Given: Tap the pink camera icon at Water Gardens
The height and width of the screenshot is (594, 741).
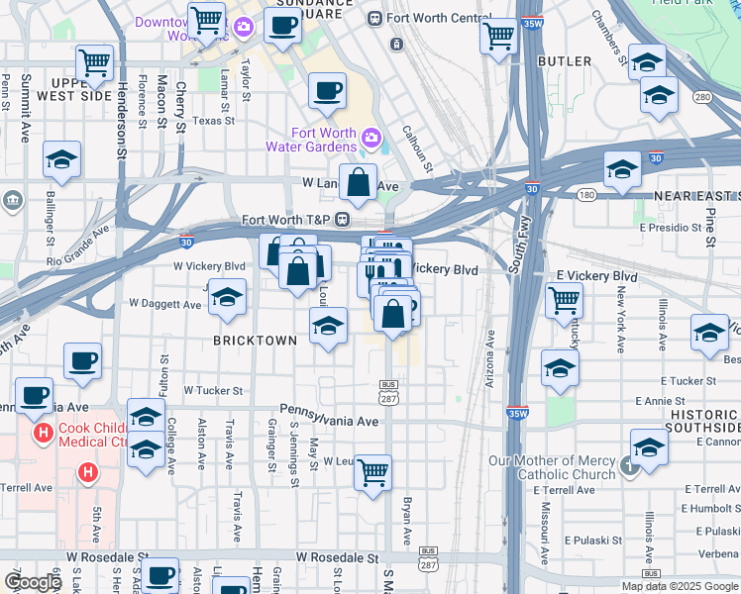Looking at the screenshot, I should tap(371, 137).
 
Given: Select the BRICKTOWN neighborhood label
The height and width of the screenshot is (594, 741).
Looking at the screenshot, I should tap(256, 341).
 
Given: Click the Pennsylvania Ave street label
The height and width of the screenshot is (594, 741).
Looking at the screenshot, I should tap(329, 421).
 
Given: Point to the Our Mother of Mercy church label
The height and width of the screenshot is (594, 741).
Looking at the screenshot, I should tap(553, 467).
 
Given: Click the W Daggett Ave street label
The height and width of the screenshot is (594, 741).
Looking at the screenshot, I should tap(165, 304).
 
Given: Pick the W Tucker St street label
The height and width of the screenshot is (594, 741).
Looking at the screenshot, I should tap(212, 391).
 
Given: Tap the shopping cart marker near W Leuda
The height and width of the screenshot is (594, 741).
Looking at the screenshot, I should tap(372, 472).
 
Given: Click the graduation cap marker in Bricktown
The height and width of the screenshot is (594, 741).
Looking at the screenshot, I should tap(328, 326).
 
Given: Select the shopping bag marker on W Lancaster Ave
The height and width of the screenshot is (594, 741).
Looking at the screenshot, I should tap(361, 182).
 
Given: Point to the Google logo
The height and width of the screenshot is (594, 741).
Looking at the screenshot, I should tap(33, 582).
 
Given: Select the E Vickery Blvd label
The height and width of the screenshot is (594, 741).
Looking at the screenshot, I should tap(596, 275).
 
